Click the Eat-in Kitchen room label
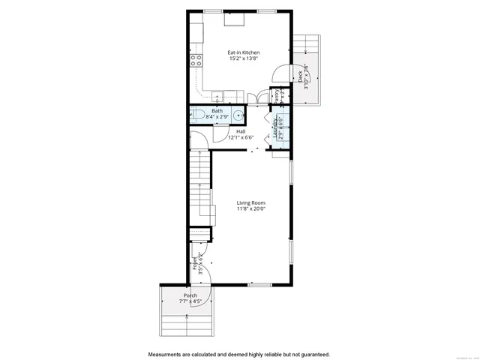pos(244,52)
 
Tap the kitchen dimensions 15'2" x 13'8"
pos(244,60)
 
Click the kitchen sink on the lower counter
pos(217,96)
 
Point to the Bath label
pos(217,111)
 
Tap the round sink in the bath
pos(237,115)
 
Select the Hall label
pos(241,131)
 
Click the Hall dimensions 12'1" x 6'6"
pos(241,138)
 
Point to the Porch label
pos(190,295)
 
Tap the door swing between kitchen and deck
pos(279,73)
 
